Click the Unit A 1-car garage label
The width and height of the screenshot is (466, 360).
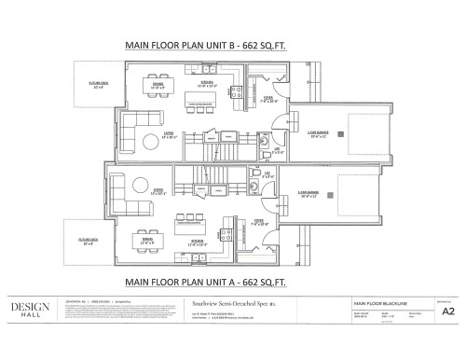click(309, 195)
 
